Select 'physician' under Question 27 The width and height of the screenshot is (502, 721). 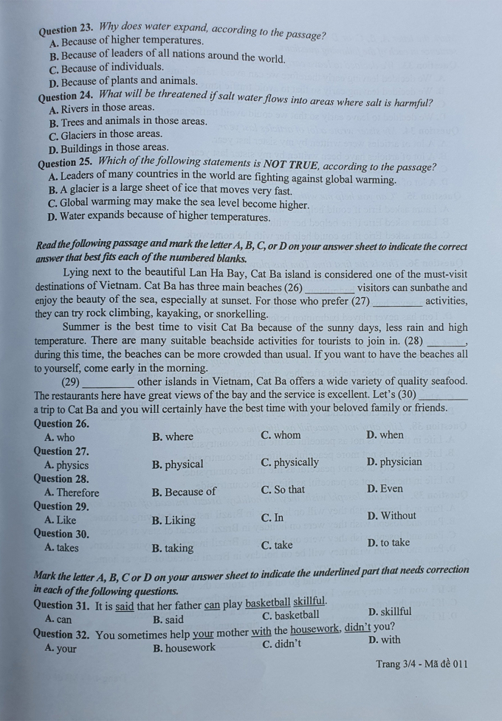394,462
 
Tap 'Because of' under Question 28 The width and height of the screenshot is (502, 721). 185,492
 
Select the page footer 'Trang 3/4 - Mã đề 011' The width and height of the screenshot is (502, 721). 422,664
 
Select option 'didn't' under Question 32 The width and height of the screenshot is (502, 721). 282,644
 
